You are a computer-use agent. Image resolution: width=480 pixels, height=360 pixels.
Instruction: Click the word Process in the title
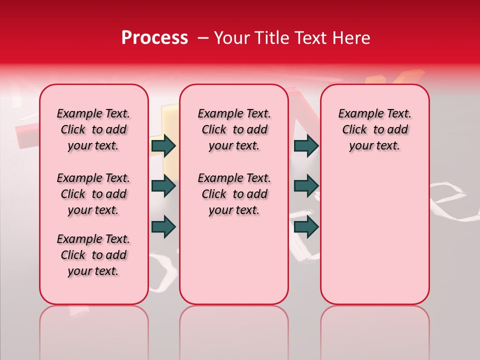[x=154, y=38]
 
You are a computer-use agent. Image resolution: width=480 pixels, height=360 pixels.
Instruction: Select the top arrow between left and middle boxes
[x=163, y=145]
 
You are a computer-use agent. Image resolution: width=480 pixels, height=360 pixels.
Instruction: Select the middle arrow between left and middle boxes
[x=163, y=186]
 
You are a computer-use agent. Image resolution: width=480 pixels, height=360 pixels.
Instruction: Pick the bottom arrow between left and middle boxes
[x=163, y=226]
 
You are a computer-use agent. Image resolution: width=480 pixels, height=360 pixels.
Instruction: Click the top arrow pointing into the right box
[x=306, y=145]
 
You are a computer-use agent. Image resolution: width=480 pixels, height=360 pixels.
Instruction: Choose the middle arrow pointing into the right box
[x=306, y=186]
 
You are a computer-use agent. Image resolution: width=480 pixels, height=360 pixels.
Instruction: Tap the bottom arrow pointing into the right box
[x=306, y=226]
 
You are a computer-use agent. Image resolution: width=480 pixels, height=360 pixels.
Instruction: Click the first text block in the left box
[x=93, y=129]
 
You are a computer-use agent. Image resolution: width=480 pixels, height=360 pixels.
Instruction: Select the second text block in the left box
[x=93, y=194]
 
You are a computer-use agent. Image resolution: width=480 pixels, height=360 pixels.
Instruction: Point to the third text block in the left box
[x=93, y=255]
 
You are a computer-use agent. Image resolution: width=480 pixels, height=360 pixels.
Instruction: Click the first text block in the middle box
[x=234, y=129]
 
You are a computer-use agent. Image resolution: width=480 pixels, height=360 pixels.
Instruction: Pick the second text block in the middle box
[x=234, y=194]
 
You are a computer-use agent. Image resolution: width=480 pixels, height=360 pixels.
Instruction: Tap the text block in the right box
[x=374, y=129]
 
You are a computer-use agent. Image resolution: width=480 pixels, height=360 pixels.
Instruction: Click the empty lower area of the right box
[x=374, y=240]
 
